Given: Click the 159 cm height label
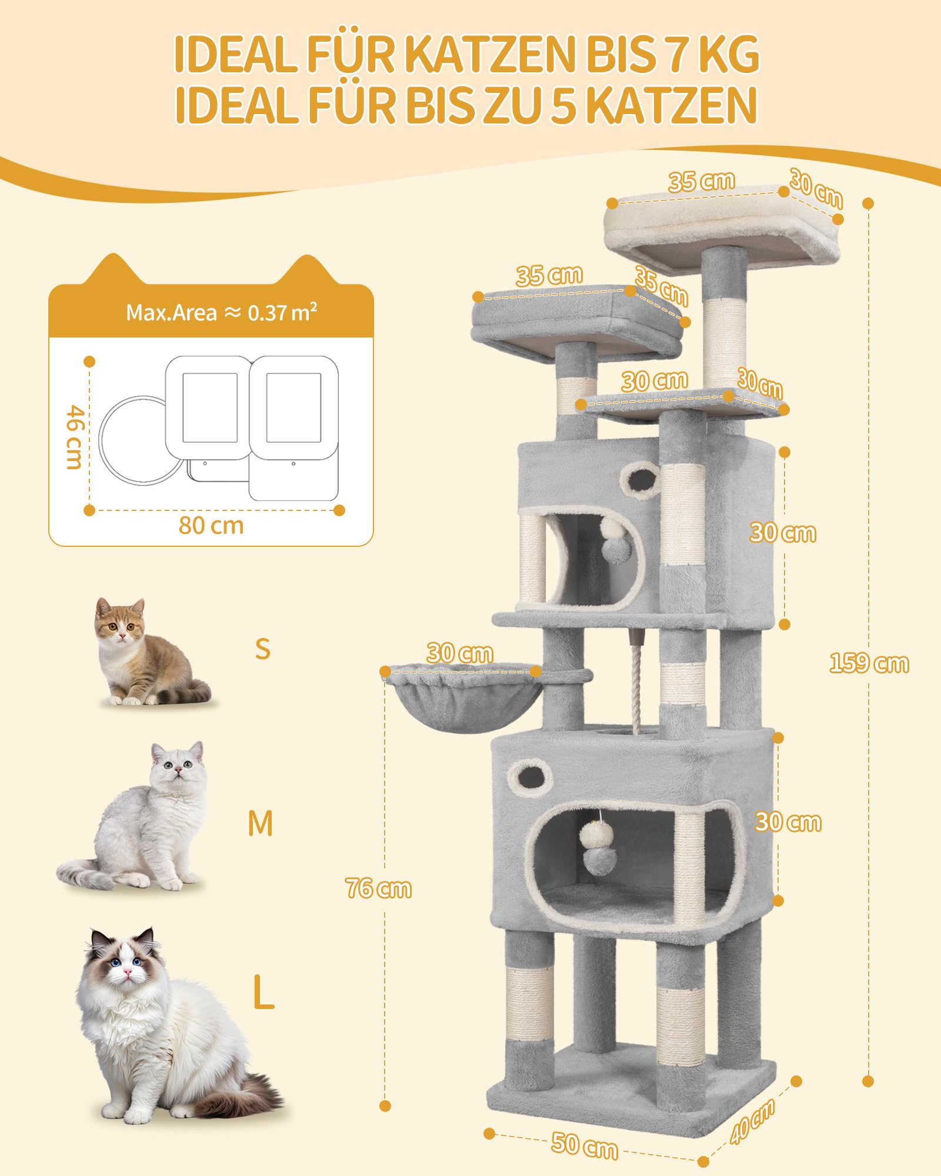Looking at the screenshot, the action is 869,663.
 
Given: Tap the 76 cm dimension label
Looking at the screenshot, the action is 379,888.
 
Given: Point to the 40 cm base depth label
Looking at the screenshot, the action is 752,1121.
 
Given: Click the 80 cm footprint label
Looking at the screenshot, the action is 211,526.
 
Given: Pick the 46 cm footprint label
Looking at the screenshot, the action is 73,436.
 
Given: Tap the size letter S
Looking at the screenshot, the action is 263,649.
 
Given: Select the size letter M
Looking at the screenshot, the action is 261,823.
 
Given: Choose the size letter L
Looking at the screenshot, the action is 263,992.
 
